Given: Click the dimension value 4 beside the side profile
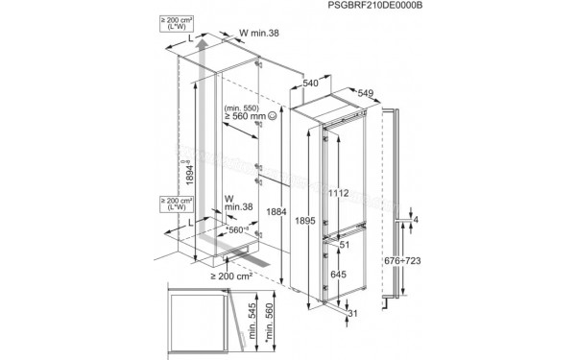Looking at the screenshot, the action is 418,220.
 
